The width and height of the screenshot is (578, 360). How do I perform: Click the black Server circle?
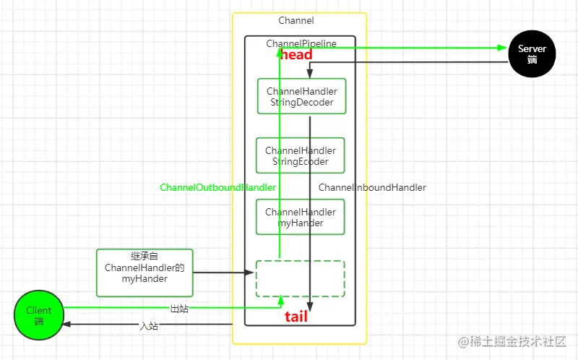click(x=532, y=54)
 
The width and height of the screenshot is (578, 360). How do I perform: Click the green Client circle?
click(x=38, y=316)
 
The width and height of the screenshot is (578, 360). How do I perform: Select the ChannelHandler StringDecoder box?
click(x=301, y=96)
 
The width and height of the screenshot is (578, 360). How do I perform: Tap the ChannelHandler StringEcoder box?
click(x=301, y=155)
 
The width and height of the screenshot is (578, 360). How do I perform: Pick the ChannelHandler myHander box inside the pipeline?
click(x=301, y=217)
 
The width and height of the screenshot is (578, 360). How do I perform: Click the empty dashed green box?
click(x=301, y=278)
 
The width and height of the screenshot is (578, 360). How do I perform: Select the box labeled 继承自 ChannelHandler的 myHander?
click(x=144, y=273)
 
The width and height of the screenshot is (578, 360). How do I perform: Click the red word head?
click(x=296, y=55)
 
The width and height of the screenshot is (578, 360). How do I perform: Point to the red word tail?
click(x=296, y=317)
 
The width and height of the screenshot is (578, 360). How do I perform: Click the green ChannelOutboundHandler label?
click(x=217, y=187)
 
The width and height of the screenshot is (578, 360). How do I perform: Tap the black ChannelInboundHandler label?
click(x=372, y=187)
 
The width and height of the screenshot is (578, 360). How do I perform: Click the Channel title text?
click(x=296, y=21)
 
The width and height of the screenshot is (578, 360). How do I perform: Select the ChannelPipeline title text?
click(x=301, y=43)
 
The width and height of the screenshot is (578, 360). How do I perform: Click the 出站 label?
click(x=180, y=309)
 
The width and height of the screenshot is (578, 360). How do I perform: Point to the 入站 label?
click(x=149, y=326)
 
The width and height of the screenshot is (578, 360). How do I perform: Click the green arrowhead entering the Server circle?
click(x=504, y=48)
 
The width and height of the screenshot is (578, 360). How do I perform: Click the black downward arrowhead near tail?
click(x=310, y=305)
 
